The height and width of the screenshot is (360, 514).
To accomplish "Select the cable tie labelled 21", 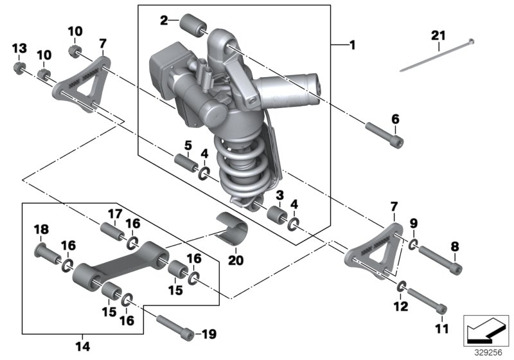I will click(x=437, y=58).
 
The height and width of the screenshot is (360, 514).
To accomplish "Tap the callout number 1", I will click(x=351, y=45).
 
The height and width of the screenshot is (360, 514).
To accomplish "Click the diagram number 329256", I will click(x=489, y=352).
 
